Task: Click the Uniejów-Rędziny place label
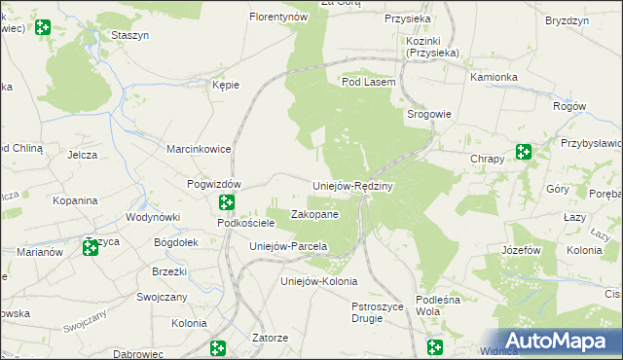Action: point(351,186)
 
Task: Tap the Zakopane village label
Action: point(315,214)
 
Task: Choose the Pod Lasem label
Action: point(368,83)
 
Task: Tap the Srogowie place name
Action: point(428,114)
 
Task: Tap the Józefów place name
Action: point(521,250)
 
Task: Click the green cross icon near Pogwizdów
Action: point(227,202)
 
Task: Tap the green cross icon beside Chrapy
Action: point(524,151)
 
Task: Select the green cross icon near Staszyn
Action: point(42,27)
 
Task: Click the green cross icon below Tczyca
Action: point(91,248)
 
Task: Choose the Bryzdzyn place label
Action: point(568,20)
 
